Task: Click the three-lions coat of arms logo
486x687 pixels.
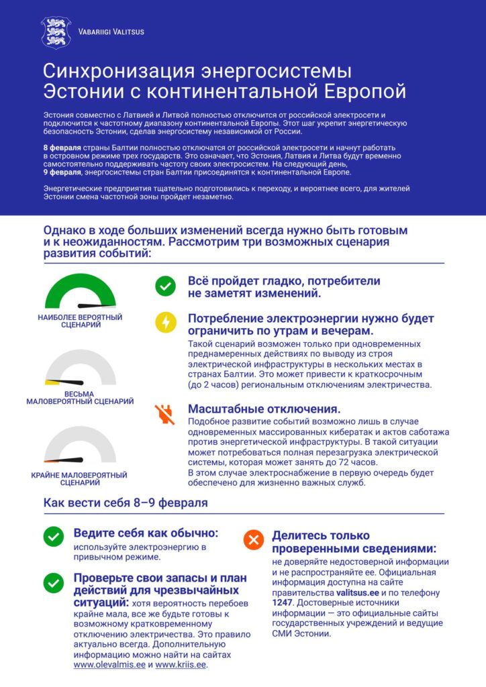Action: point(55,32)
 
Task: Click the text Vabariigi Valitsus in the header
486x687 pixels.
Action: point(111,32)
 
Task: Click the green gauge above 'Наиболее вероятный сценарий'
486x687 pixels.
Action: point(80,294)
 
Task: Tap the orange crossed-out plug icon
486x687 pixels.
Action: point(164,414)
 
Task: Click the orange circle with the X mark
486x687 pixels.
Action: point(253,539)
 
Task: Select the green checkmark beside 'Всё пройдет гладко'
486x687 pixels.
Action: point(164,286)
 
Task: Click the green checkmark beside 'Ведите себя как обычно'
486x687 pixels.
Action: point(53,537)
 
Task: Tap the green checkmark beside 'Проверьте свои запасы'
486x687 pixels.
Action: point(53,582)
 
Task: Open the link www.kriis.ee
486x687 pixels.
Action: point(181,665)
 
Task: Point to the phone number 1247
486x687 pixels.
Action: point(283,602)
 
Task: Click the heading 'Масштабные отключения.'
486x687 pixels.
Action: point(264,409)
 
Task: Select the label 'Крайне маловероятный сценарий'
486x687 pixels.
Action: point(79,478)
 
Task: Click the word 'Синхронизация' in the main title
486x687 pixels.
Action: point(120,72)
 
